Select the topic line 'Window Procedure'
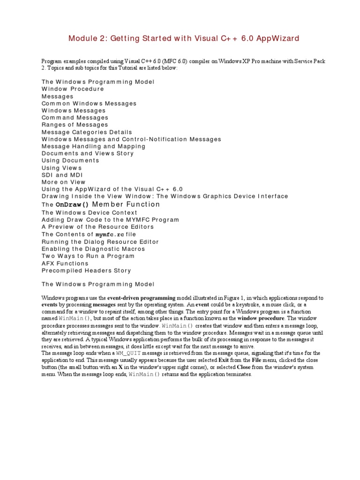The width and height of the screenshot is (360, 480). pos(73,89)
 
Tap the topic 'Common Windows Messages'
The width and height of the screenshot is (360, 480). pos(89,104)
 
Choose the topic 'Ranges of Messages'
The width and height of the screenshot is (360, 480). pos(75,125)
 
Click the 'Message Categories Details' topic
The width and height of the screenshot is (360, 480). pos(87,132)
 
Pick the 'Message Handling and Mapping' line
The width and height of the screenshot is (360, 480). pos(93,146)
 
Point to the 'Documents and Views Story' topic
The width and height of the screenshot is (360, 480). pos(88,154)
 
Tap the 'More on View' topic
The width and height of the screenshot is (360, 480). pos(64,182)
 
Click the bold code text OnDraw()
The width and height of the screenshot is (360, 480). pos(72,205)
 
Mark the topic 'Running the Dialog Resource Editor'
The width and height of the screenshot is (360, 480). pos(100,242)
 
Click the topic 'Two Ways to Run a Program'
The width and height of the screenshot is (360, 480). pos(88,256)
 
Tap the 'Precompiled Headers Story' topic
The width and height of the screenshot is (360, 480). pos(86,271)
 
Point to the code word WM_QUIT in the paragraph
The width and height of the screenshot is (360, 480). pos(114,353)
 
